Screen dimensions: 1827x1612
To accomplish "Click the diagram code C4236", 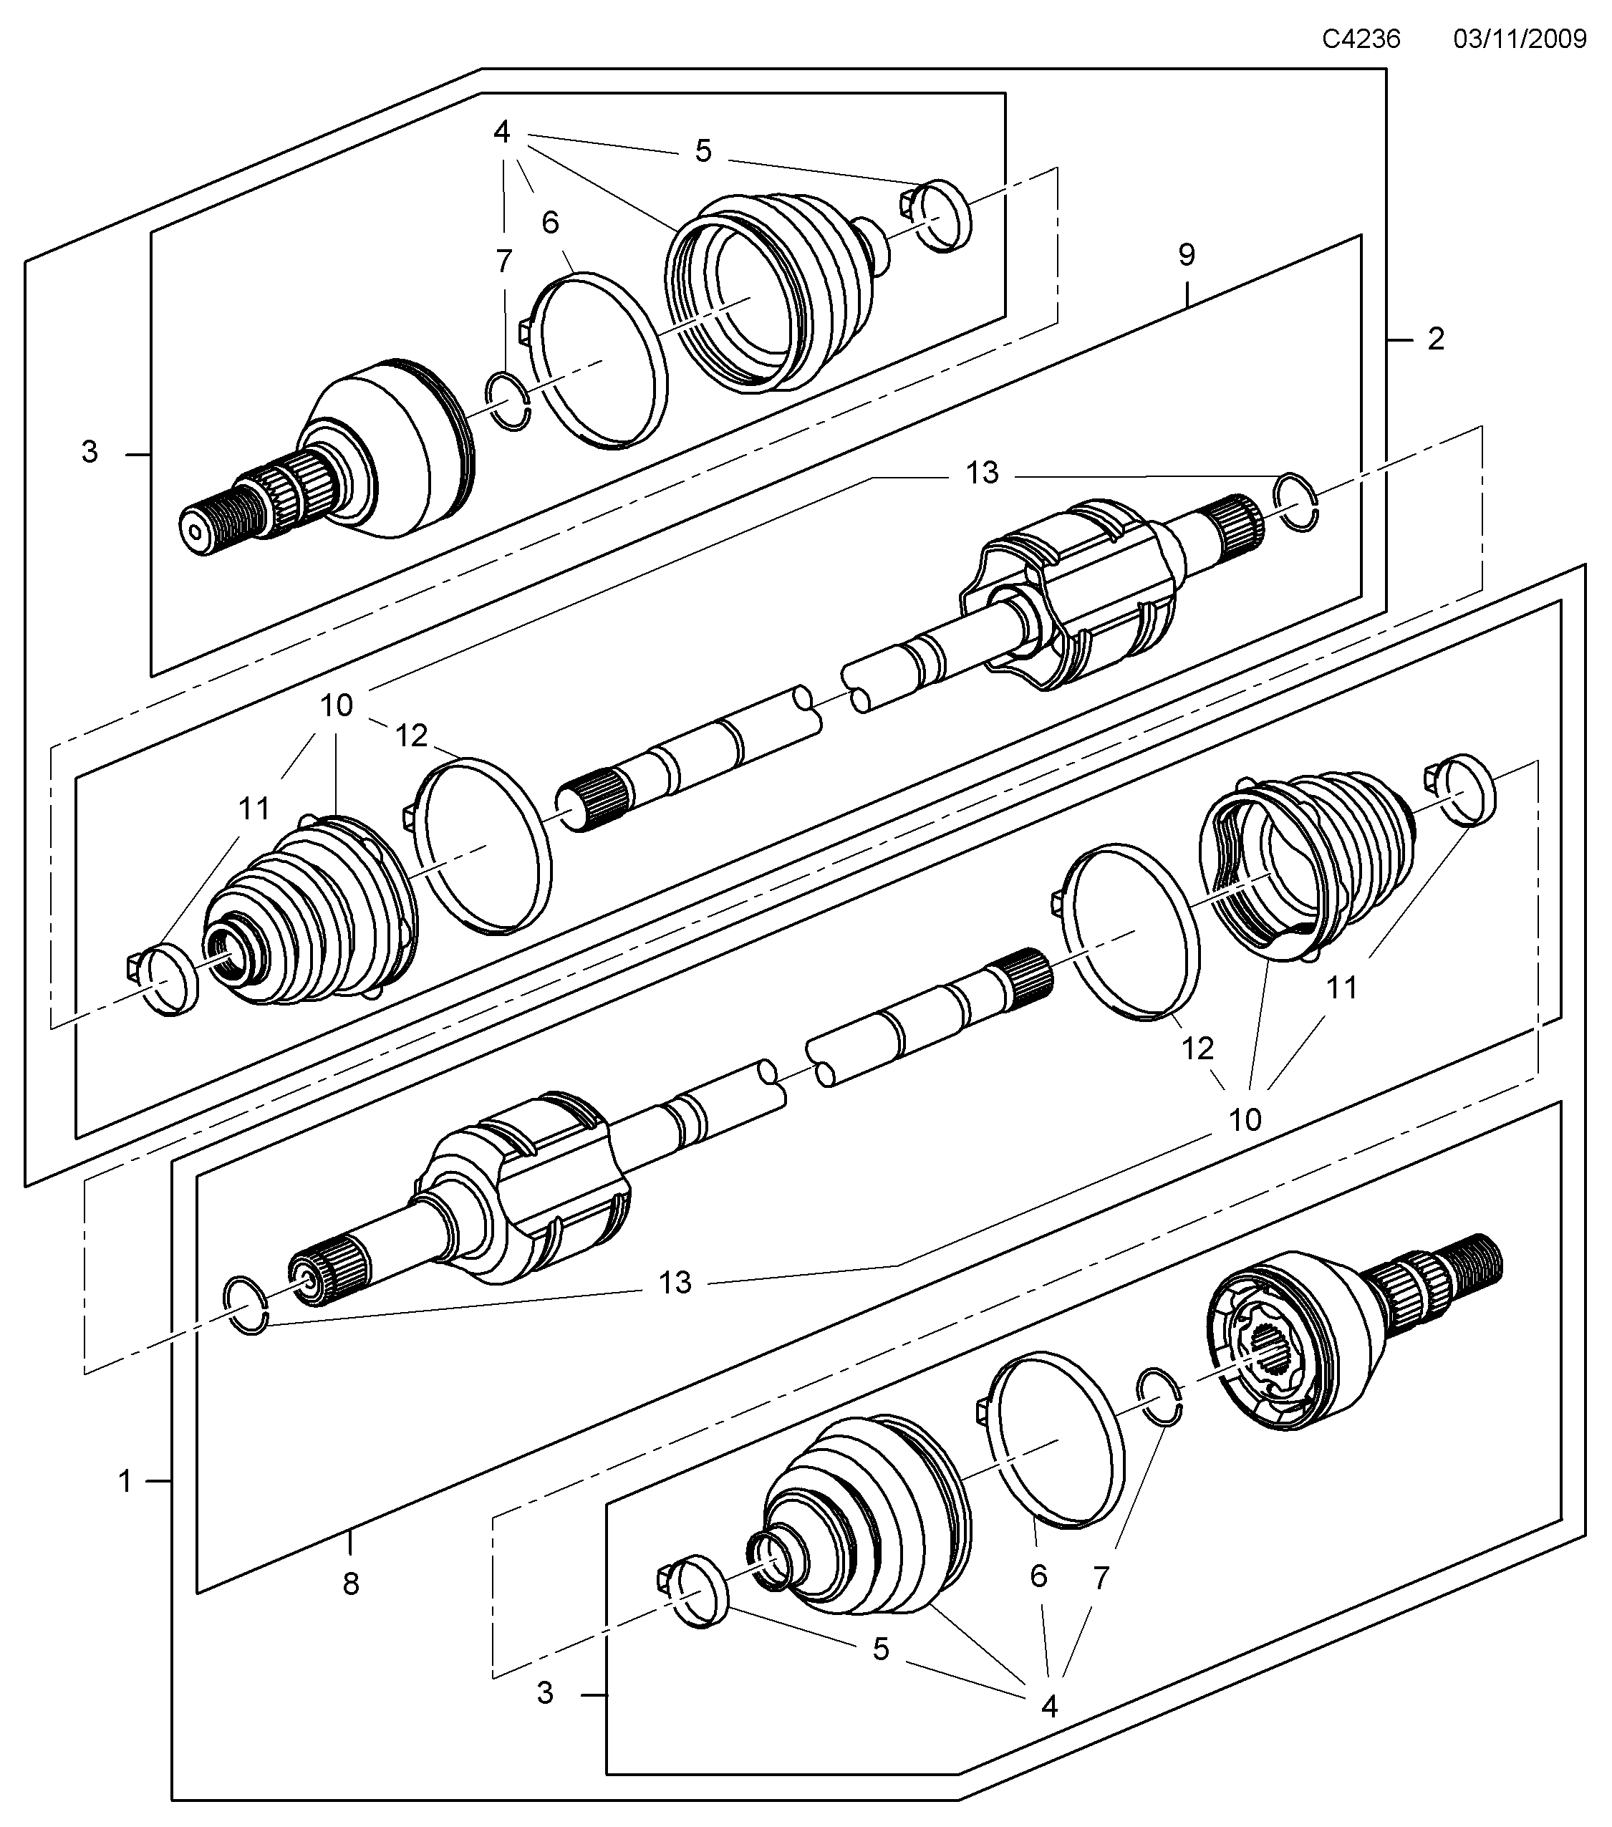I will tap(1361, 39).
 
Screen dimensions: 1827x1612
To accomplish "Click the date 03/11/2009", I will tap(1520, 39).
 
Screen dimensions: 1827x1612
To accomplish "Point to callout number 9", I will tap(1187, 256).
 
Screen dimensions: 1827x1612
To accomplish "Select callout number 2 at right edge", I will tap(1435, 339).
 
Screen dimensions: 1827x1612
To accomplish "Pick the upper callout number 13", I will tap(982, 473).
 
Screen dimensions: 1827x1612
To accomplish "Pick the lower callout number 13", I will tap(675, 1283).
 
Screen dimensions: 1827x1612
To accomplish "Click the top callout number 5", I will tap(703, 151).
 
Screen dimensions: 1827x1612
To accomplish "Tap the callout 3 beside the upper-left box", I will tap(90, 453).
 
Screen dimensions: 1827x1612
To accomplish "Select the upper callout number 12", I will tap(411, 736).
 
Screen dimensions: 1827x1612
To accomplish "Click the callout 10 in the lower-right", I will tap(1245, 1119).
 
